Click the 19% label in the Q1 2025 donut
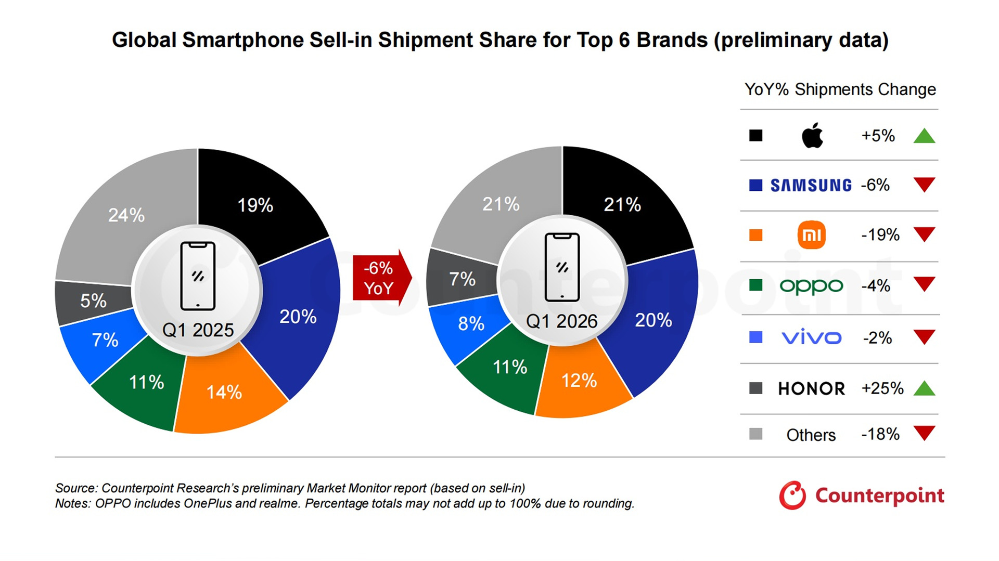coord(255,205)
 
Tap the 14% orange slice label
coord(224,392)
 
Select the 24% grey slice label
coord(126,215)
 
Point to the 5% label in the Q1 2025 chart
coord(93,301)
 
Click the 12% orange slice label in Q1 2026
coord(579,381)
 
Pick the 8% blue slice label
coord(471,324)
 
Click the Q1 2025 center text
coord(198,330)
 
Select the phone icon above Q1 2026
coord(562,267)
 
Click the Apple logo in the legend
coord(812,136)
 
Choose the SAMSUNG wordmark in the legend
coord(811,185)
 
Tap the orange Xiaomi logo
coord(811,235)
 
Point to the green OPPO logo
coord(811,286)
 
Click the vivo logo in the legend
coord(811,337)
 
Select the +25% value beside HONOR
coord(882,388)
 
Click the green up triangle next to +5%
coord(924,136)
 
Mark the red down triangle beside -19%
coord(924,234)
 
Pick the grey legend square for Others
coord(755,434)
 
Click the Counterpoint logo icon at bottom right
coord(792,495)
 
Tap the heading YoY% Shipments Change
coord(840,89)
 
